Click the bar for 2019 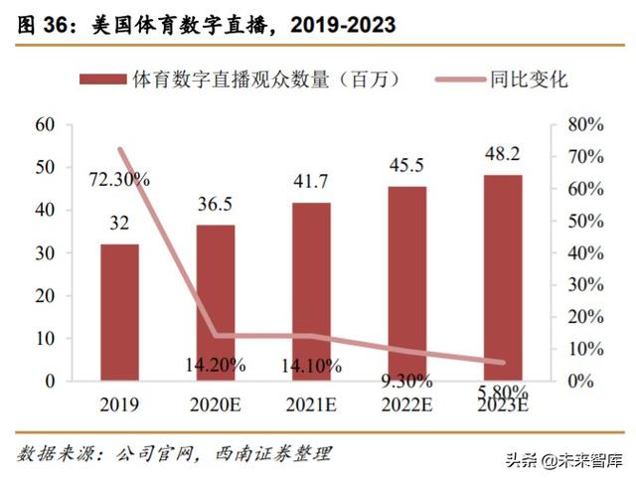click(x=119, y=312)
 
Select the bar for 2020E click(x=215, y=302)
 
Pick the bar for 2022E click(x=406, y=283)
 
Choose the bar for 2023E click(x=502, y=277)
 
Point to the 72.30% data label click(x=118, y=180)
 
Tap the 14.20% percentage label click(x=215, y=365)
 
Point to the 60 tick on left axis click(x=44, y=124)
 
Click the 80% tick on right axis click(x=583, y=124)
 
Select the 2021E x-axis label click(x=311, y=405)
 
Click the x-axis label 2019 click(x=119, y=405)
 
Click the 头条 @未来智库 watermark click(x=561, y=459)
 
